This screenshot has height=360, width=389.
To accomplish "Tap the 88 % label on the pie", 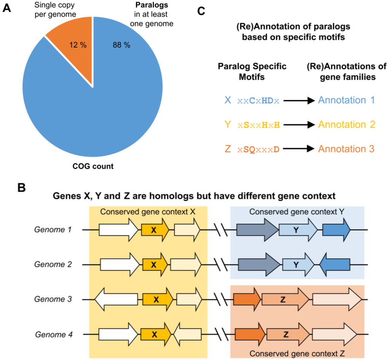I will tap(121, 45).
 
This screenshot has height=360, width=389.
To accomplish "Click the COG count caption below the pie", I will tap(93, 167).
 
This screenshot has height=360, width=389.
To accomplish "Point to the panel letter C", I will tap(201, 10).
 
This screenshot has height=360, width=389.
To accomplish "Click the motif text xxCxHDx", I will tap(258, 101).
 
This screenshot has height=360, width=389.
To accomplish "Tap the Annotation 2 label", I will tap(346, 124).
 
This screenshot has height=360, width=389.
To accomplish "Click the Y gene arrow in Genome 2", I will tap(298, 264).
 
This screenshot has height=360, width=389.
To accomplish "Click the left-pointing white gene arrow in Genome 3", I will tap(116, 299).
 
